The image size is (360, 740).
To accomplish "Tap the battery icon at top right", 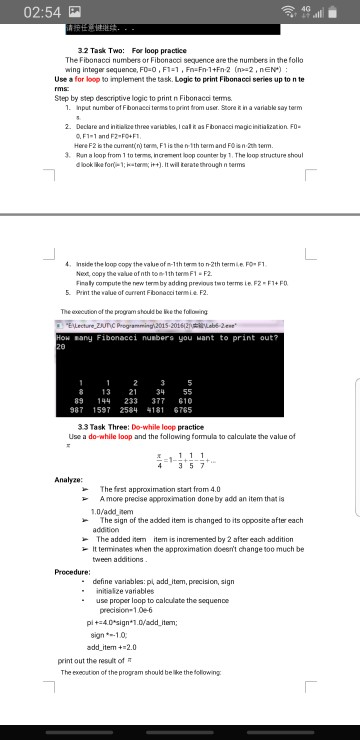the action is click(x=341, y=12).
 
